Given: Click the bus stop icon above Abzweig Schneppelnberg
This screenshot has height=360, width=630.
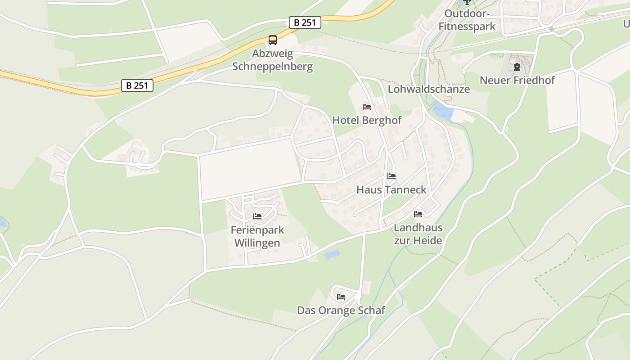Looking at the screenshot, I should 273,40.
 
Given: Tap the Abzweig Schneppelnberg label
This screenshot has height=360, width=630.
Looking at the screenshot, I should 272,60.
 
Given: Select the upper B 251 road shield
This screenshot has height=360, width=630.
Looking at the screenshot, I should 305,22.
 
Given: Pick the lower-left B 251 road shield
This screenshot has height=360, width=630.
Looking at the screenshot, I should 137,85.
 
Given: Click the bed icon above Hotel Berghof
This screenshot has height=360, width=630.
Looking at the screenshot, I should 367,107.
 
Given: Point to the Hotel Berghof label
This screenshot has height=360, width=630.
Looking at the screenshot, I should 367,120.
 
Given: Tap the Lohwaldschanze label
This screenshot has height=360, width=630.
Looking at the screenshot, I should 428,89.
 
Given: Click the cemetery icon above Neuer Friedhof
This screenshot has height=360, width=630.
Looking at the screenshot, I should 517,67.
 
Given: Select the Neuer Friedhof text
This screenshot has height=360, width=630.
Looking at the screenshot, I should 517,81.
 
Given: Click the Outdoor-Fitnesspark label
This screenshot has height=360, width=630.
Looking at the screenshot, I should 467,20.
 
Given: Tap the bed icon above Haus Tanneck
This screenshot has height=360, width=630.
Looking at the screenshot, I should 391,176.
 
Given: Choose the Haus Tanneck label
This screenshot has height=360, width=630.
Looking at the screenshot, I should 391,190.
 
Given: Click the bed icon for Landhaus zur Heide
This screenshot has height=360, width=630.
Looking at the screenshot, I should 418,214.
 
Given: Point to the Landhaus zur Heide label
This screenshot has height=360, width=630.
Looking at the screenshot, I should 418,234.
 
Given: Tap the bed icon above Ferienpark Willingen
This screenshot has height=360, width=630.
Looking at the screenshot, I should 257,216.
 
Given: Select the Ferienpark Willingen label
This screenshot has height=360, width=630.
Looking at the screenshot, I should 257,236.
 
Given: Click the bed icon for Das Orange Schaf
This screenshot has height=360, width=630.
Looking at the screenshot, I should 341,297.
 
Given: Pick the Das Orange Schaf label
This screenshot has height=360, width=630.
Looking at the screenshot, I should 341,310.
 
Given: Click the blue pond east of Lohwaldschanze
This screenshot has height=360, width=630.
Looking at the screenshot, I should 443,111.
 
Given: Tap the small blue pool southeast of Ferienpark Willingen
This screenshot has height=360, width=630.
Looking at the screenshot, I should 332,255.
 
